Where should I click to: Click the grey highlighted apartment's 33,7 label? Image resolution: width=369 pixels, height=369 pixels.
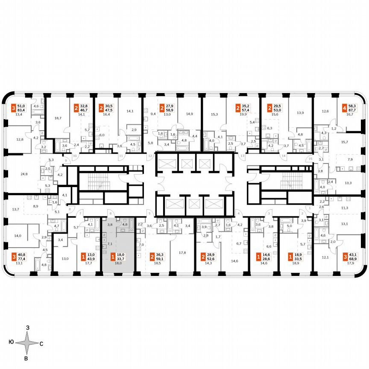pos(121,258)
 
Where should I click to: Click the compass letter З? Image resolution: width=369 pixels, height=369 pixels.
pos(27,327)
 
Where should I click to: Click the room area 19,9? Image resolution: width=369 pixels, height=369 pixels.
pos(244,114)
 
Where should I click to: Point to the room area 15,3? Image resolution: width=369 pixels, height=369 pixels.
pos(214,114)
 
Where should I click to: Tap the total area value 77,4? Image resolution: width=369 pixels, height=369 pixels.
pos(20,258)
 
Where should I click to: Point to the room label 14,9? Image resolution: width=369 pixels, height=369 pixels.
pos(189,114)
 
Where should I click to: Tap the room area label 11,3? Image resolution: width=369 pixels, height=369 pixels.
pos(345,208)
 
